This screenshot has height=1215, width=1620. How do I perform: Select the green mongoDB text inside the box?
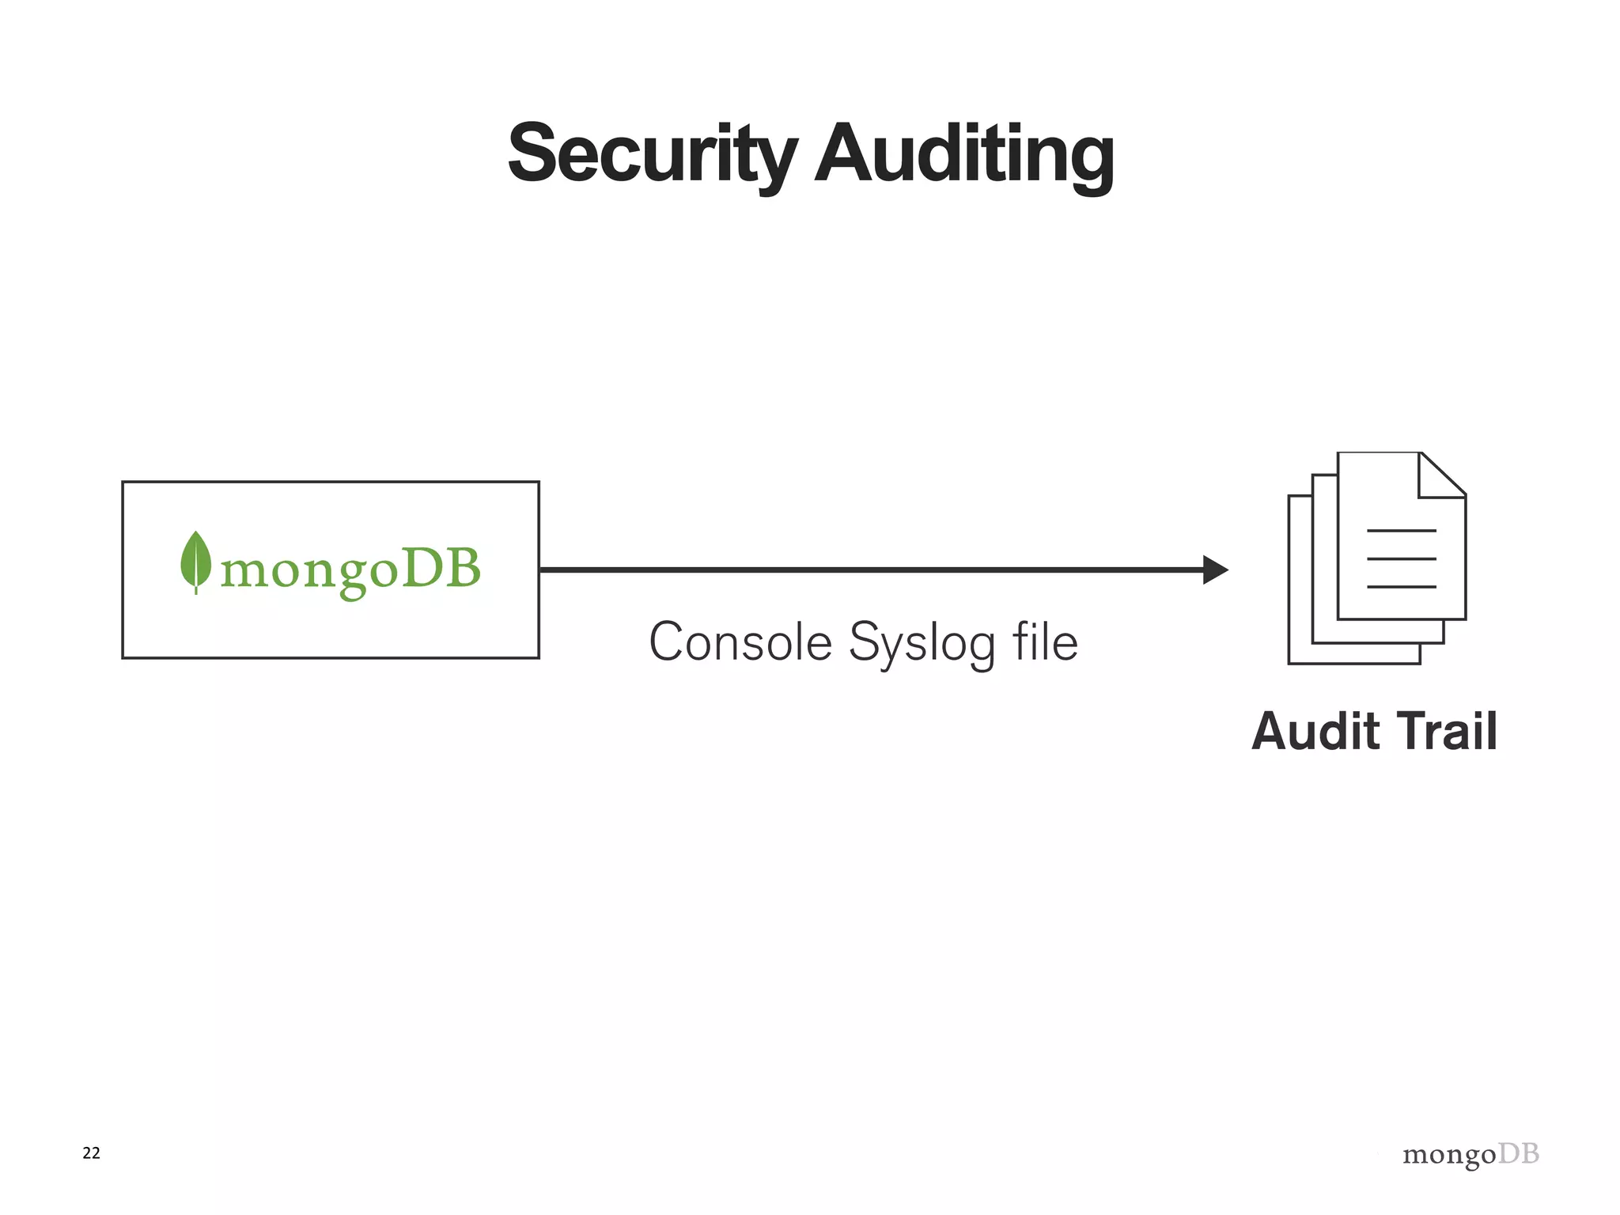pyautogui.click(x=350, y=570)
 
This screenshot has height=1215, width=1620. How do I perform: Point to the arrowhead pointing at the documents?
pyautogui.click(x=1214, y=570)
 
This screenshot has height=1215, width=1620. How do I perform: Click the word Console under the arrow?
pyautogui.click(x=740, y=642)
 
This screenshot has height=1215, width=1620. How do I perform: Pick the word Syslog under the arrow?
pyautogui.click(x=922, y=643)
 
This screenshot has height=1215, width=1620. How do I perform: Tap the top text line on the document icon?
pyautogui.click(x=1401, y=530)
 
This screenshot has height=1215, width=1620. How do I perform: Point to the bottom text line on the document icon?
pyautogui.click(x=1401, y=587)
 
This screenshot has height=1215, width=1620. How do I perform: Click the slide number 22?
pyautogui.click(x=91, y=1153)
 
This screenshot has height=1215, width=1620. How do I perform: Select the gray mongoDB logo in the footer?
pyautogui.click(x=1470, y=1155)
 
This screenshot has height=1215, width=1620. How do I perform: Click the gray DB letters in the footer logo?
pyautogui.click(x=1519, y=1153)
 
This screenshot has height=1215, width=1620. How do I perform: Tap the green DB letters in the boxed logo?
pyautogui.click(x=441, y=568)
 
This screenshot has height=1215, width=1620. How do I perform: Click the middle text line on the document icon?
pyautogui.click(x=1401, y=558)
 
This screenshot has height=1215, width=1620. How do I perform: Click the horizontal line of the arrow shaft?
pyautogui.click(x=870, y=570)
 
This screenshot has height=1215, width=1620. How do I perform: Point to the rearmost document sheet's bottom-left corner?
pyautogui.click(x=1291, y=661)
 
